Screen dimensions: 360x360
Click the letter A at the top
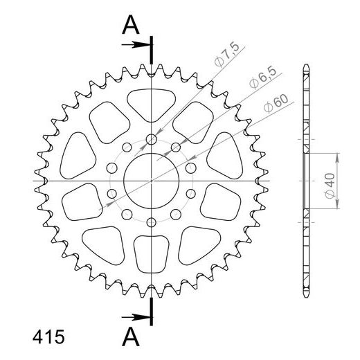(x=132, y=26)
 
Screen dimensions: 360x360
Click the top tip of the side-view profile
(x=305, y=67)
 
